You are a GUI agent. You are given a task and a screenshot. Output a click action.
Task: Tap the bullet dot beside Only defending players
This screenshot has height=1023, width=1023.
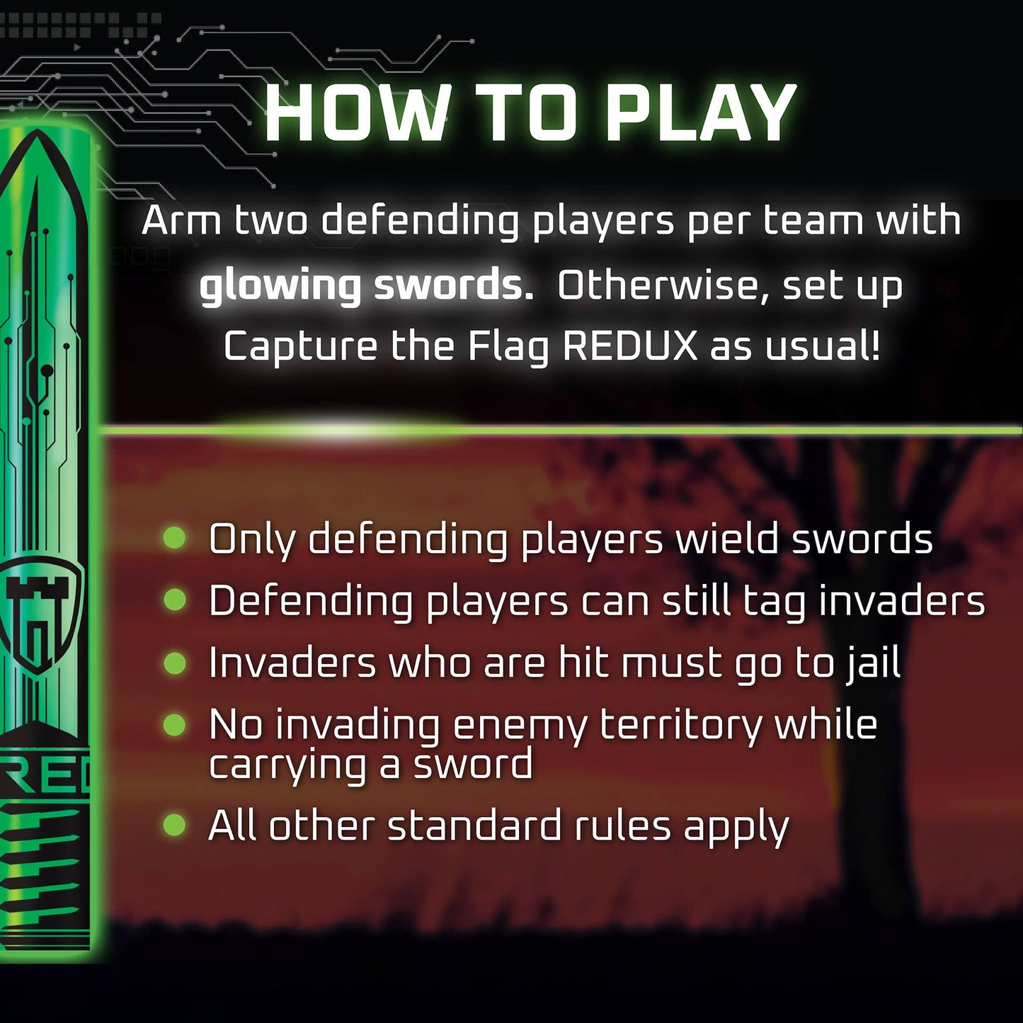(174, 537)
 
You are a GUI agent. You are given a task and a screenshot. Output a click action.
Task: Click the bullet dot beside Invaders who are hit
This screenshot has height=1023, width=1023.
(174, 663)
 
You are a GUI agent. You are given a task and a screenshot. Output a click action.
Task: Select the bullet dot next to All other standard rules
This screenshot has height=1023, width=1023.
(174, 825)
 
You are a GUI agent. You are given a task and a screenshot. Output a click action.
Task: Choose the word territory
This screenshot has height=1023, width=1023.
(680, 724)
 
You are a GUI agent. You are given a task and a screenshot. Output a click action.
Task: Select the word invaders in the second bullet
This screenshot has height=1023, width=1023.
(902, 602)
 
